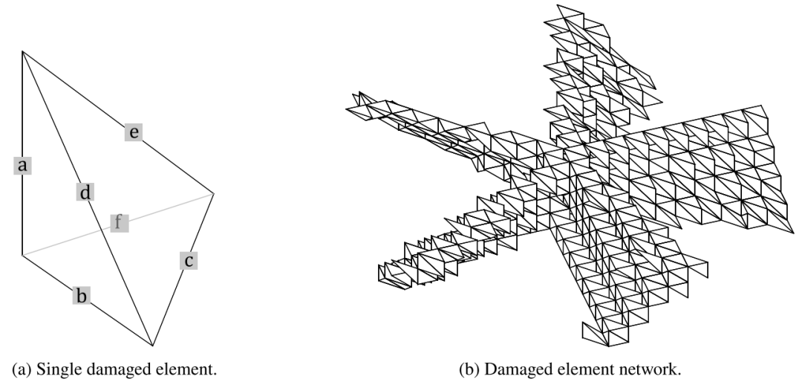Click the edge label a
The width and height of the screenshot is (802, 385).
22,166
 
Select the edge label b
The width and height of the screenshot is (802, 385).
82,296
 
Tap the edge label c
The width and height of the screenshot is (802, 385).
189,260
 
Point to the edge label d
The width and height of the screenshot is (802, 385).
85,193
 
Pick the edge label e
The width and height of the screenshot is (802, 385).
134,132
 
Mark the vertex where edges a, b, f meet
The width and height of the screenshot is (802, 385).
22,256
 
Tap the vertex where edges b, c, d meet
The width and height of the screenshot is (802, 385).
153,346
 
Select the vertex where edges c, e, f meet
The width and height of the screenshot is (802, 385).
214,193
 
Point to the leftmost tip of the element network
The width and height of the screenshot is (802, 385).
347,109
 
